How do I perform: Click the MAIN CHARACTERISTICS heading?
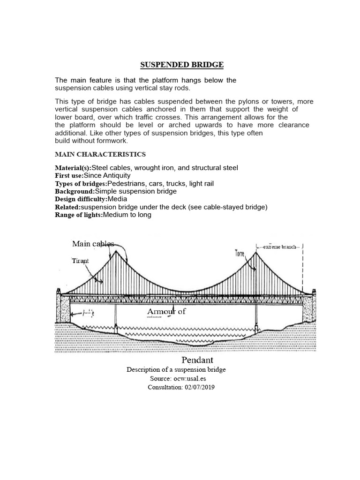[x=100, y=154]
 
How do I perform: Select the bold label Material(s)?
[x=74, y=168]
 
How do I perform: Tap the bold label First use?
[x=69, y=175]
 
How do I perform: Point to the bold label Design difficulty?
[x=81, y=199]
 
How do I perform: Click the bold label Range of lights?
[x=79, y=215]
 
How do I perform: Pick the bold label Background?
[x=75, y=191]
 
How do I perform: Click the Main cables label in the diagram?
[x=93, y=244]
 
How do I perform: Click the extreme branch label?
[x=279, y=247]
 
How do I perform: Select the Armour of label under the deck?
[x=166, y=312]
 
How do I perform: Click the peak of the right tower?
[x=256, y=252]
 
